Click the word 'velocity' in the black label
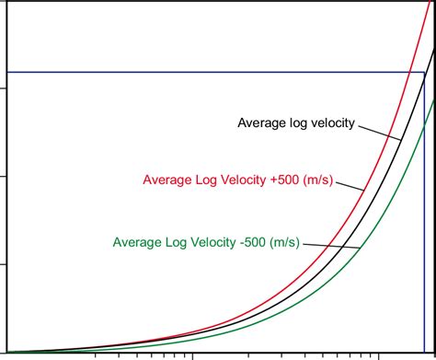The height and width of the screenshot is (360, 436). tap(330, 122)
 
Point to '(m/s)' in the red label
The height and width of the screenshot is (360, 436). tap(334, 180)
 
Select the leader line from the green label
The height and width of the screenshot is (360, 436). tap(331, 245)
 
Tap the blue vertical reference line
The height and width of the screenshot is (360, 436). tap(423, 230)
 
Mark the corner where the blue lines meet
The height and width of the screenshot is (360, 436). tap(423, 72)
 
